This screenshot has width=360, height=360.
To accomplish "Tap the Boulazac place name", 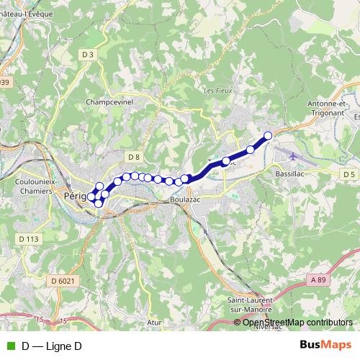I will [x=185, y=199].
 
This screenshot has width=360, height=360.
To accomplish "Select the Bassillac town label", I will [x=292, y=174].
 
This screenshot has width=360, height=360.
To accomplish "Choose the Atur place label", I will [x=153, y=323].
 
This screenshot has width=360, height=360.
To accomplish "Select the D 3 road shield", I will [x=88, y=54].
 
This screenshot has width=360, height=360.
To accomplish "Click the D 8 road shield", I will [x=133, y=156].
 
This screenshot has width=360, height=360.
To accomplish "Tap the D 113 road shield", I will [x=30, y=238].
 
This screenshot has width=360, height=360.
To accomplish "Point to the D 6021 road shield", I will [x=63, y=280].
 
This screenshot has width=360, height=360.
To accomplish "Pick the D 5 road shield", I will [x=349, y=174].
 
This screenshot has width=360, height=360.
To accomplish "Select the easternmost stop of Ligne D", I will [x=269, y=135].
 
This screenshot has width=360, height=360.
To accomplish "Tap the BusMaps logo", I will [x=326, y=346].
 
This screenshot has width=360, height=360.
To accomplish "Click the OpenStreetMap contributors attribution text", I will [x=297, y=323].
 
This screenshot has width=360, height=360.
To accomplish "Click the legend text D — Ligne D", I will [x=52, y=346].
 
